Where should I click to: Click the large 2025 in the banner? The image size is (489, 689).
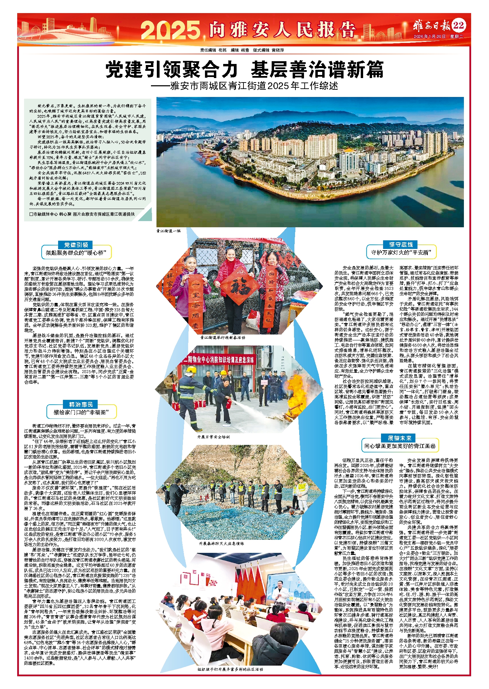(x=170, y=30)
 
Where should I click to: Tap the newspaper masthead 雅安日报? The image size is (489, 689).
(x=432, y=26)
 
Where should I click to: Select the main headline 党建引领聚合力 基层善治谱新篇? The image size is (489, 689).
(x=244, y=69)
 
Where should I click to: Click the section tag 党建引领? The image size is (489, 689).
(x=76, y=245)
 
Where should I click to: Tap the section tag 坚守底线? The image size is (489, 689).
(x=401, y=244)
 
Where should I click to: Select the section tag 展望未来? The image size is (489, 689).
(x=400, y=438)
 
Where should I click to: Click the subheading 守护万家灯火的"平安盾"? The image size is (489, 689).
(x=401, y=253)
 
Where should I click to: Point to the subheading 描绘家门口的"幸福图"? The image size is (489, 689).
(x=81, y=412)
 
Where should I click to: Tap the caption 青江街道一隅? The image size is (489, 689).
(x=168, y=231)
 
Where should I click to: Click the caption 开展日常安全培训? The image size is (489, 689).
(x=213, y=437)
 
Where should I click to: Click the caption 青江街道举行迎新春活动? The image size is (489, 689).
(x=222, y=338)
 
